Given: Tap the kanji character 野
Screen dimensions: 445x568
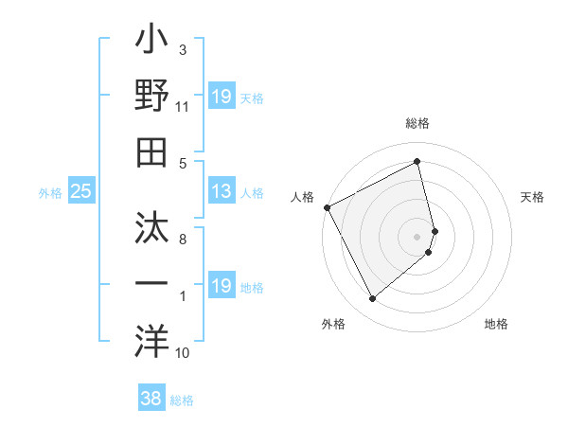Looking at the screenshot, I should [151, 97].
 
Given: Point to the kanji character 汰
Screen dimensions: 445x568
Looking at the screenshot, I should [151, 229].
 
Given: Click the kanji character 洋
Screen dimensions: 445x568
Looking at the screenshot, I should [151, 338].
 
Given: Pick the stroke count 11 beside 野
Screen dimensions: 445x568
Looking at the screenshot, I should [182, 108].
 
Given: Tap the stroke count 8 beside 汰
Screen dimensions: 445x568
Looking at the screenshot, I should [183, 240].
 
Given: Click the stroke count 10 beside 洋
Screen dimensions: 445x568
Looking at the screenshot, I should [183, 353].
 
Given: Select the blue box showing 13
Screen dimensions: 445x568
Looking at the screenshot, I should [221, 191].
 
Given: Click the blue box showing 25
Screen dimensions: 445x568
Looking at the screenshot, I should [81, 191].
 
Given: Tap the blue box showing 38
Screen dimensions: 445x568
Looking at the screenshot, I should [151, 400].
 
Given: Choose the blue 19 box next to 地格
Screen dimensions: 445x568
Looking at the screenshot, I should [221, 286].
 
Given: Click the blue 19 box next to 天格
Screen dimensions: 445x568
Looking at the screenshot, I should [221, 97].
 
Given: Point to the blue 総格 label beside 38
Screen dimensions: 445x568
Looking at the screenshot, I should [182, 400].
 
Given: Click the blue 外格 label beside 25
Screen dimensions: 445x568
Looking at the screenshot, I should [50, 193].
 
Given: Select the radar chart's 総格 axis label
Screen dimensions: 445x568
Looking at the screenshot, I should [417, 124].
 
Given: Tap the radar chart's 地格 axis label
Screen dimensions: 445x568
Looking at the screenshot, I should [496, 324].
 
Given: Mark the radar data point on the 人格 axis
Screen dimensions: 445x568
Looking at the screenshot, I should [327, 206].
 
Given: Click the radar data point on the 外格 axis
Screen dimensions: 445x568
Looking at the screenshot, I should [372, 299].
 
